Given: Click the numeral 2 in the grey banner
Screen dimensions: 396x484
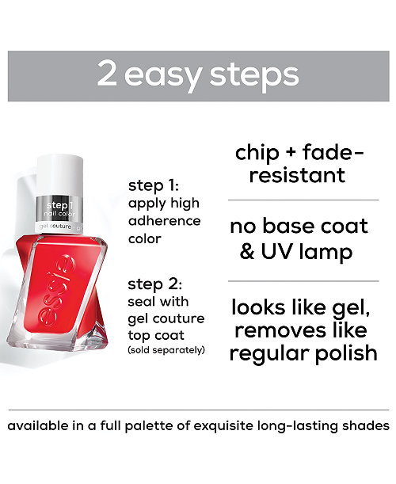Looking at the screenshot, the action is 107,74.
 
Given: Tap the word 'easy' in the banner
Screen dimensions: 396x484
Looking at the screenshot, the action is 163,77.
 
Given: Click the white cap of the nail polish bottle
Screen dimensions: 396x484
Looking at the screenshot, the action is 60,175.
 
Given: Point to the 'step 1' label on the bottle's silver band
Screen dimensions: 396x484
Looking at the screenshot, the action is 59,205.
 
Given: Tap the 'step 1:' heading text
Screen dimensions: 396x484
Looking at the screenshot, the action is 154,186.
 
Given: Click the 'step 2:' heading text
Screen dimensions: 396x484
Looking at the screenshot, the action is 155,284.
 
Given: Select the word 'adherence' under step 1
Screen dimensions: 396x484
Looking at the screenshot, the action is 165,221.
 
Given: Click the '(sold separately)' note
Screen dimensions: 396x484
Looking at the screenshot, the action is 166,350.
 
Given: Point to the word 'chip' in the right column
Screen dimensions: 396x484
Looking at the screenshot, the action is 257,154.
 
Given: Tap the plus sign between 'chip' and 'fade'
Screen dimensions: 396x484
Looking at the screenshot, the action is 291,152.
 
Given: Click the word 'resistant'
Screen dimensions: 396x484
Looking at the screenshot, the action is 297,175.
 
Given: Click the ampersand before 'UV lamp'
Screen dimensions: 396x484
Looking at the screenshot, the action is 247,251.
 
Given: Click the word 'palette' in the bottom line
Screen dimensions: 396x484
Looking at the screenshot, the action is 149,426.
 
